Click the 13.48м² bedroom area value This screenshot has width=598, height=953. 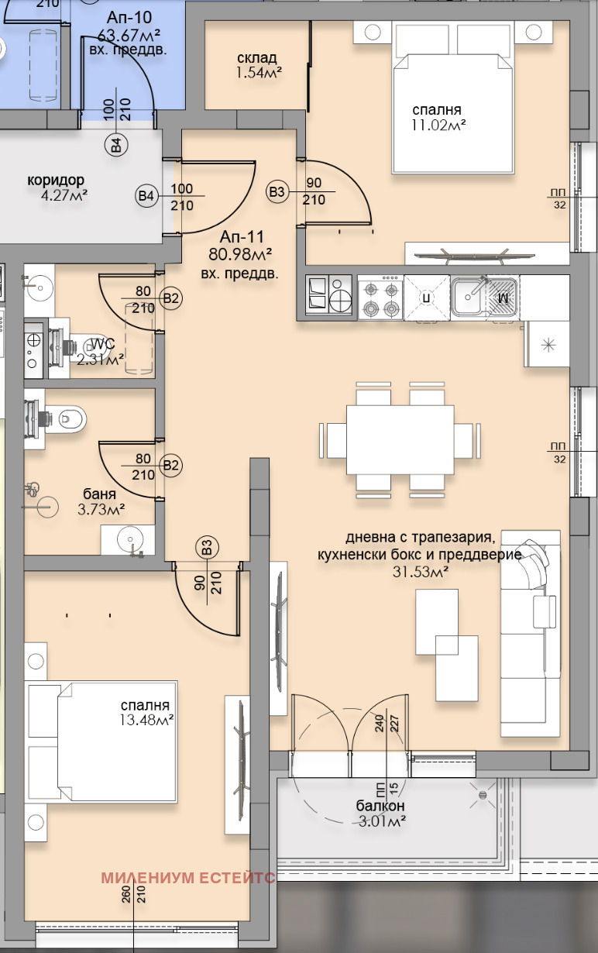(146, 721)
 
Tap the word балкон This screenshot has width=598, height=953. (380, 805)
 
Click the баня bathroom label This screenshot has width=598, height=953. (100, 494)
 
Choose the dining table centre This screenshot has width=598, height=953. (400, 440)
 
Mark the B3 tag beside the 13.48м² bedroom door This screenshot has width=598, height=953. (205, 548)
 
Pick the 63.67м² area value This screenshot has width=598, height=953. (129, 35)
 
